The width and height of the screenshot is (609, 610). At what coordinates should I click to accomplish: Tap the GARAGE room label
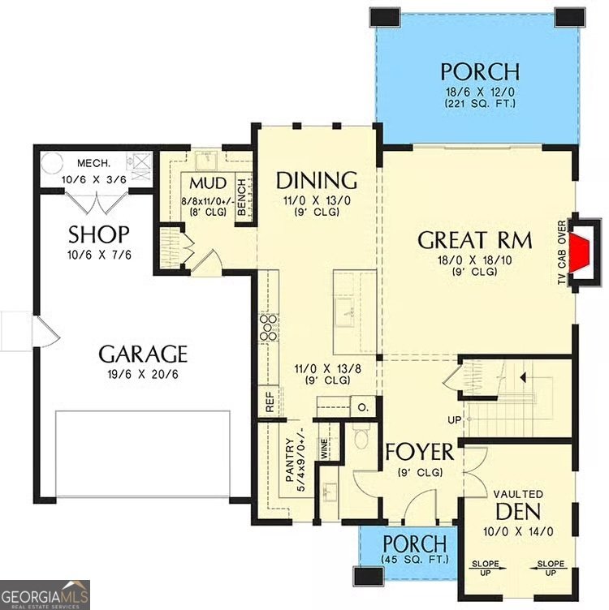pos(143,354)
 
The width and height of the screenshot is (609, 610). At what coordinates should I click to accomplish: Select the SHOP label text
pos(98,235)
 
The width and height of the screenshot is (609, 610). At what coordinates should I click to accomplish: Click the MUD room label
pos(207,181)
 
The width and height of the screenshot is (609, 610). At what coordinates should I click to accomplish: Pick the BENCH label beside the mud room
pos(242,196)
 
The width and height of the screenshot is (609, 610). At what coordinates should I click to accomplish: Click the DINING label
pos(316,179)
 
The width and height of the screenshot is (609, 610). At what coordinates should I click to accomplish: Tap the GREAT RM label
pos(474,240)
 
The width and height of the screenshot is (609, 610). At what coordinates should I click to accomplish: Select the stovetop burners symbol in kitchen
pos(268,326)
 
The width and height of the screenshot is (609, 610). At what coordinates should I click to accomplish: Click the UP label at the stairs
pos(454,420)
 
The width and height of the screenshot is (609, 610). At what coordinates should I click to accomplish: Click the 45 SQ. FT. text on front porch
pos(414,559)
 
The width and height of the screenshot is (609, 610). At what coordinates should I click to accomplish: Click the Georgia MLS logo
pos(45,594)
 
